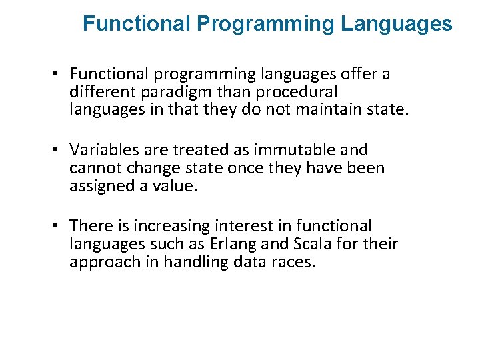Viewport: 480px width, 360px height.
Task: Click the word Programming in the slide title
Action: tap(265, 25)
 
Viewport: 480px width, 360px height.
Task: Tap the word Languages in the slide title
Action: tap(396, 25)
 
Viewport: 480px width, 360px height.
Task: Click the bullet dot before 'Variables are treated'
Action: tap(59, 150)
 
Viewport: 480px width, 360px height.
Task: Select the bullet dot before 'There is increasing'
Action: tap(59, 227)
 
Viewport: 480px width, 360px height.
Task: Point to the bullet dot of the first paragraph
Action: tap(59, 74)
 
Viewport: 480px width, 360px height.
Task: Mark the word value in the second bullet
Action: tap(176, 186)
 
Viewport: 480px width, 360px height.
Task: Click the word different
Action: tap(97, 91)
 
